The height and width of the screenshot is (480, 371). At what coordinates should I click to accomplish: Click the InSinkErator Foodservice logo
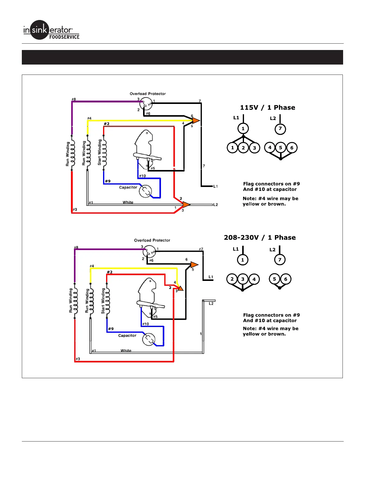[x=51, y=30]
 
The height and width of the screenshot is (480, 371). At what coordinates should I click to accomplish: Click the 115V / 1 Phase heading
[x=267, y=108]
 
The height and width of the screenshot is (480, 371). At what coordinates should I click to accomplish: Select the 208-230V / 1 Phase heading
[x=260, y=238]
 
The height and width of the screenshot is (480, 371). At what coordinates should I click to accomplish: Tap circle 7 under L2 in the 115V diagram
[x=280, y=129]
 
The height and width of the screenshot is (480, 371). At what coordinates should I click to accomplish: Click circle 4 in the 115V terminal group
[x=270, y=148]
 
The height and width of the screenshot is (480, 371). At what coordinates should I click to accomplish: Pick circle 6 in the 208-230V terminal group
[x=286, y=279]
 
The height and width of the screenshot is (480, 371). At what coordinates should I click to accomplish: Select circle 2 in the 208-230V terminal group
[x=232, y=279]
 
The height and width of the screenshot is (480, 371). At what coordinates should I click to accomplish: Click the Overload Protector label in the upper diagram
[x=148, y=94]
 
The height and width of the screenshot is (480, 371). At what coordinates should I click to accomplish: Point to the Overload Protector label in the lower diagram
[x=152, y=240]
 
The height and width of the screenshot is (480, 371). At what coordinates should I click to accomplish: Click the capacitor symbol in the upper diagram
[x=145, y=191]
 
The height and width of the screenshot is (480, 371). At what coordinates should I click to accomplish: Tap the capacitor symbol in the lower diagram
[x=149, y=339]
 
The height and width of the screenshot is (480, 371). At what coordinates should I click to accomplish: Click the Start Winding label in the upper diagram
[x=99, y=152]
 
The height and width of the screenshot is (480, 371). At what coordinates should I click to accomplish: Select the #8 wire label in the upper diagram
[x=74, y=99]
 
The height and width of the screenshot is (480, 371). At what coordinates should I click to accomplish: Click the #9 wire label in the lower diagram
[x=111, y=329]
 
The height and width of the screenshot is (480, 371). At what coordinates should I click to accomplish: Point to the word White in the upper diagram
[x=128, y=202]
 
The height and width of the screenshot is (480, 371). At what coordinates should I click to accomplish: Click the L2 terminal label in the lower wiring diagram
[x=211, y=303]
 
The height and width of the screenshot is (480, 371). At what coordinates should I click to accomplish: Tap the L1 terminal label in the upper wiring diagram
[x=215, y=186]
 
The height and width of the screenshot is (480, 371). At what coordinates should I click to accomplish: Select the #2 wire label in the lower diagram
[x=109, y=272]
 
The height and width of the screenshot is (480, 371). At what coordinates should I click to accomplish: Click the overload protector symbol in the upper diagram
[x=146, y=104]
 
